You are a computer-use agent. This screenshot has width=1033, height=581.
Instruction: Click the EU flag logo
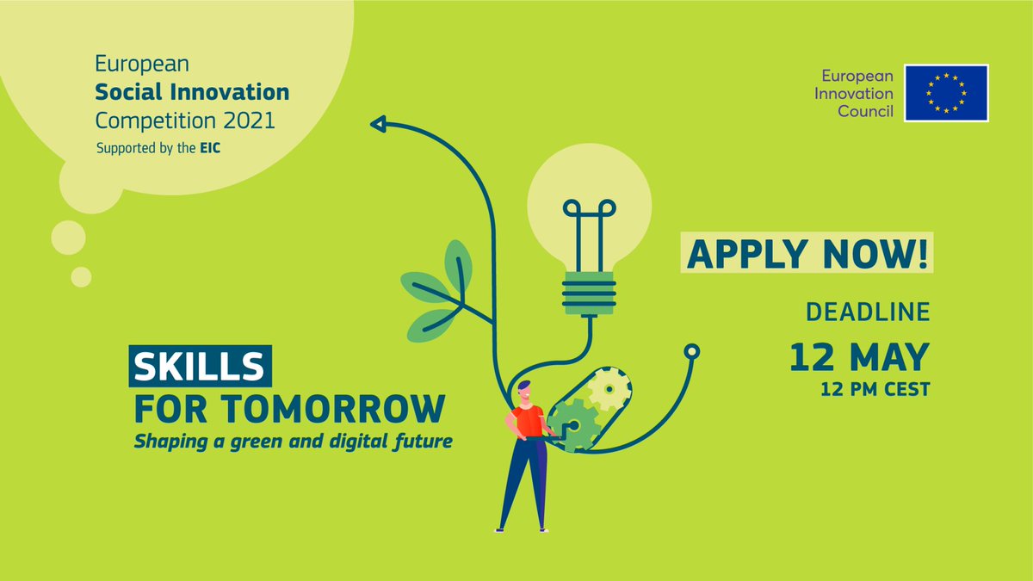coord(946,92)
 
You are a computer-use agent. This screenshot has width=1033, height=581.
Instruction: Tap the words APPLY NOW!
coord(808,256)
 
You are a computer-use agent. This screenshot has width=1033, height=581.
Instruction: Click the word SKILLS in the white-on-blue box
coord(200,365)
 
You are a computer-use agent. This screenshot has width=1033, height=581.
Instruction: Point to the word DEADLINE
coord(868,312)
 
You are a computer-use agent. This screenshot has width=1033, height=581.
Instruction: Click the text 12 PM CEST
coord(876,390)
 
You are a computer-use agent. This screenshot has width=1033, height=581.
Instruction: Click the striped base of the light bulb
coord(589,293)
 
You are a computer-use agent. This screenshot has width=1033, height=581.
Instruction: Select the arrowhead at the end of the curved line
coord(377,125)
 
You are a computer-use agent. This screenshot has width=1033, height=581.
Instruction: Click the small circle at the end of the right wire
coord(691,351)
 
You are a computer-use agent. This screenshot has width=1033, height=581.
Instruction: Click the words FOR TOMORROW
coord(291,408)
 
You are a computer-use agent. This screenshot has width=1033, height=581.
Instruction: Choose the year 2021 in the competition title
coord(244,119)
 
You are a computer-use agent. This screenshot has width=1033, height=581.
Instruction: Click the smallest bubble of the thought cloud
coord(81,276)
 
